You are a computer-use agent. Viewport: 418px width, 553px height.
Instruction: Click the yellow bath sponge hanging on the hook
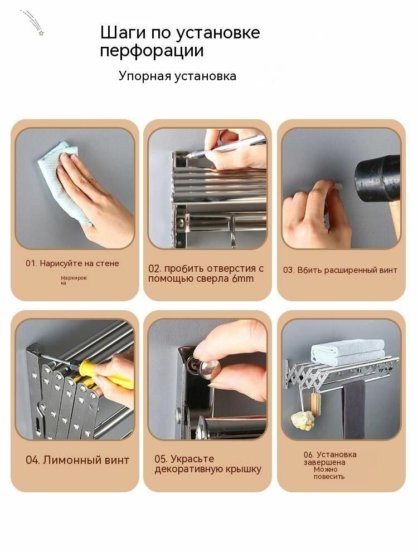[304, 420]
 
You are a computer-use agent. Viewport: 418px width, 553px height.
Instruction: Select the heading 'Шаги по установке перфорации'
[179, 42]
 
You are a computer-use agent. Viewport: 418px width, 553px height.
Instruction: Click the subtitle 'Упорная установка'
[177, 76]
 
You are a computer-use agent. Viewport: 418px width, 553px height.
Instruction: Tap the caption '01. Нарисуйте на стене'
[72, 263]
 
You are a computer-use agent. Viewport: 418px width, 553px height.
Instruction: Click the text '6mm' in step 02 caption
[243, 278]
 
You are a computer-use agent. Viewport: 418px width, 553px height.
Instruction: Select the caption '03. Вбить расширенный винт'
[340, 270]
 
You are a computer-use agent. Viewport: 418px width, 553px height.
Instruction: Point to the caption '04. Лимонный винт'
[77, 461]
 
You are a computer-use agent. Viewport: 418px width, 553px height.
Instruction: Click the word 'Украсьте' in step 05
[192, 459]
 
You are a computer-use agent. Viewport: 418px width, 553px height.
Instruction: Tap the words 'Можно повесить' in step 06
[329, 473]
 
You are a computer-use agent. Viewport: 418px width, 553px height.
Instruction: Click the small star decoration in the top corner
[40, 33]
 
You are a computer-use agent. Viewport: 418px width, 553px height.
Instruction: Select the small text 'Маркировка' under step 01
[74, 280]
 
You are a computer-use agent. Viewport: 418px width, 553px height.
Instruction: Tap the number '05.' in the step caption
[162, 459]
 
